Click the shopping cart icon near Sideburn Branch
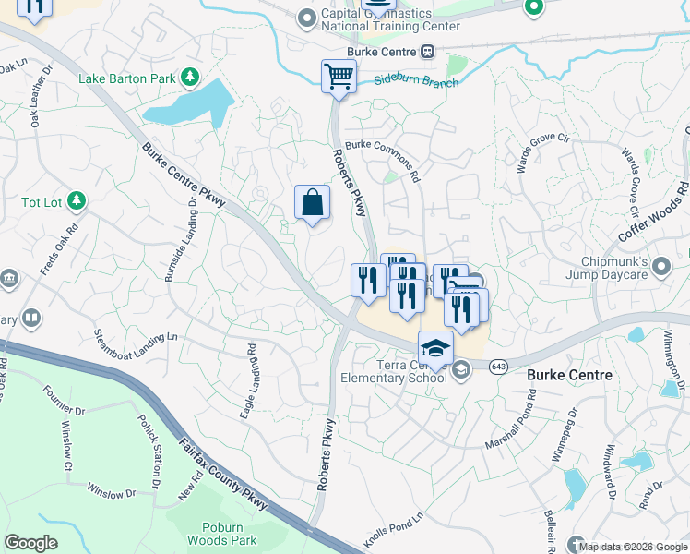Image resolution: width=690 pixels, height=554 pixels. tap(339, 76)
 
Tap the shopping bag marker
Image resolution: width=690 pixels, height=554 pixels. tap(312, 202)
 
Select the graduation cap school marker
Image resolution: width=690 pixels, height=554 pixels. tap(435, 348)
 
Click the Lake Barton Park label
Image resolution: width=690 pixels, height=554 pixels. tap(127, 78)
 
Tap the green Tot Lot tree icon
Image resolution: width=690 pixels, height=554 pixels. tap(77, 200)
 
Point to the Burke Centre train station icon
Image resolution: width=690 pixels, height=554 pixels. tap(427, 52)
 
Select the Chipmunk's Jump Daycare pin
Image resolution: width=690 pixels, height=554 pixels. tap(660, 268)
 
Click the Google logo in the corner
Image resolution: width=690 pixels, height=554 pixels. tap(30, 543)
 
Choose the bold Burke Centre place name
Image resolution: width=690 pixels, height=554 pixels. tap(569, 375)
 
